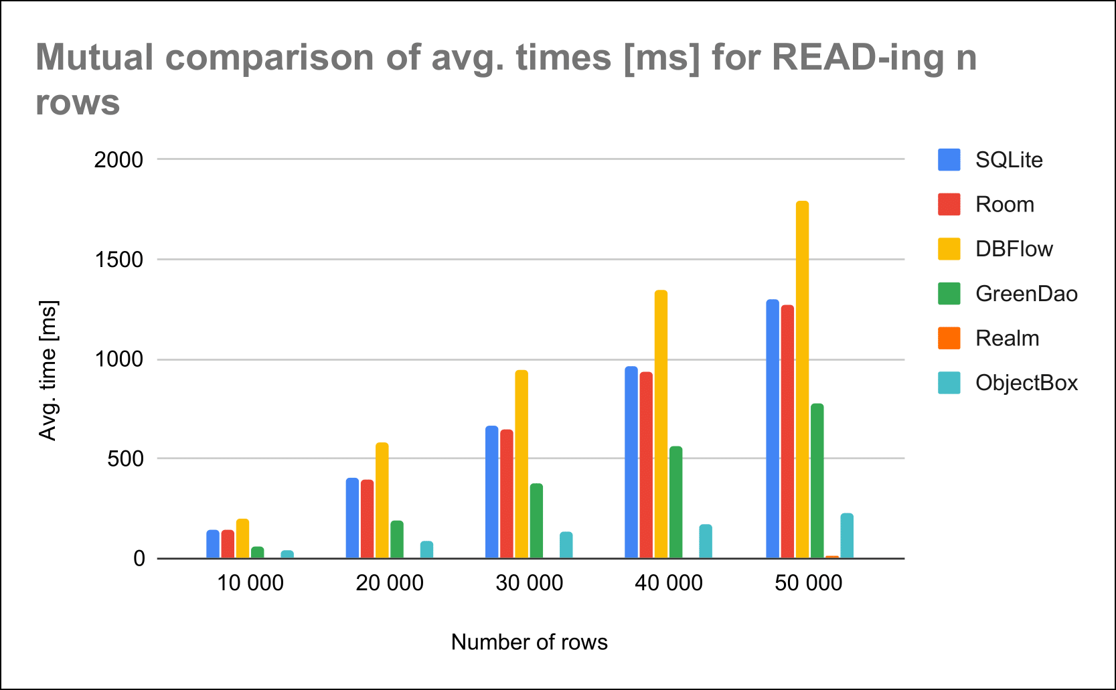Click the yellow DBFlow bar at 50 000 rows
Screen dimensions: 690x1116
point(802,379)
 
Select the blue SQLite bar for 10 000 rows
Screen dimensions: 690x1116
point(213,544)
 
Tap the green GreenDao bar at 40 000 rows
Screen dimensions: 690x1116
point(675,502)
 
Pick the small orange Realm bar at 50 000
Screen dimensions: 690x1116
point(832,556)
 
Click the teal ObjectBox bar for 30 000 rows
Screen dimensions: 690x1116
point(566,545)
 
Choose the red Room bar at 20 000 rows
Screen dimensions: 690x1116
point(367,519)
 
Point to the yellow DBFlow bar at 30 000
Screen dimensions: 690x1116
point(522,464)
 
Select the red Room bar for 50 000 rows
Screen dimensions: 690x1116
point(787,432)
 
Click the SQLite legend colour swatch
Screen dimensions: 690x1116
point(949,160)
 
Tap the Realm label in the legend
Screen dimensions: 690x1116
point(1007,339)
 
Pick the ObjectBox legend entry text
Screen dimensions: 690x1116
point(1026,383)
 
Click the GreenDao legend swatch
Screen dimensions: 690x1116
point(949,294)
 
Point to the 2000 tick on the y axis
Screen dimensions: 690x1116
point(118,160)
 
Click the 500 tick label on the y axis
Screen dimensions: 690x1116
point(126,459)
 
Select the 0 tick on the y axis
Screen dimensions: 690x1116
point(139,558)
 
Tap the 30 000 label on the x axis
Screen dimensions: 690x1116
point(529,583)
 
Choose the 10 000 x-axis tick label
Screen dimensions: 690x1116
point(250,583)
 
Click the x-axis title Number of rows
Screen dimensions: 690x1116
point(529,642)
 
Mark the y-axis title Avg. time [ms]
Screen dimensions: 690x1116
point(48,370)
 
